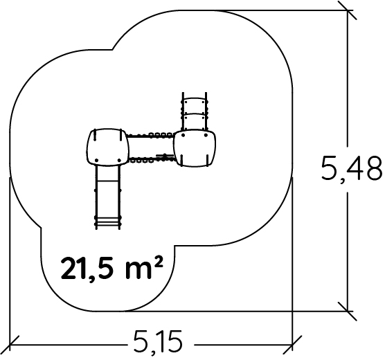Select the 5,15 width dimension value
pos(158,342)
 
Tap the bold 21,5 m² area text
pos(112,268)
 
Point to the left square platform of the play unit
pos(107,147)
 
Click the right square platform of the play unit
pos(195,148)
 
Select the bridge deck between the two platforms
pos(151,147)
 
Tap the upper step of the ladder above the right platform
pos(195,102)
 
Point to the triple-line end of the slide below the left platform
pos(108,222)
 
